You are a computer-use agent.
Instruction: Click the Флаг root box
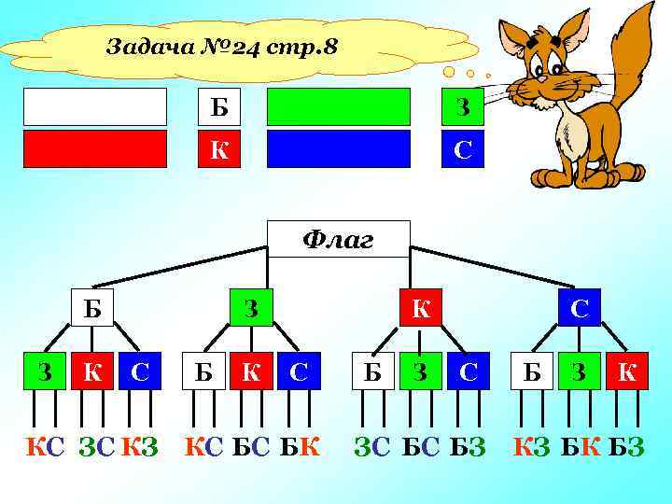click(339, 239)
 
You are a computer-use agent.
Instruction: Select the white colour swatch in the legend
click(95, 106)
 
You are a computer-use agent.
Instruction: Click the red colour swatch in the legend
click(95, 148)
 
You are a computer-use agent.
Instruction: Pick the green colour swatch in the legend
click(339, 106)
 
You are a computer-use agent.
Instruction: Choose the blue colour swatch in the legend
click(339, 148)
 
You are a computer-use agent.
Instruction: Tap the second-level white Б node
click(92, 307)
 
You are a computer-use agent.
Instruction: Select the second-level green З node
click(252, 307)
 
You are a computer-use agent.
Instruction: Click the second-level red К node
click(422, 307)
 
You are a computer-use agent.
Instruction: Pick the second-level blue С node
click(580, 307)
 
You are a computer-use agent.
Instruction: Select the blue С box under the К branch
click(468, 372)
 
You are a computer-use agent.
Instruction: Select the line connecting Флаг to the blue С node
click(494, 267)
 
